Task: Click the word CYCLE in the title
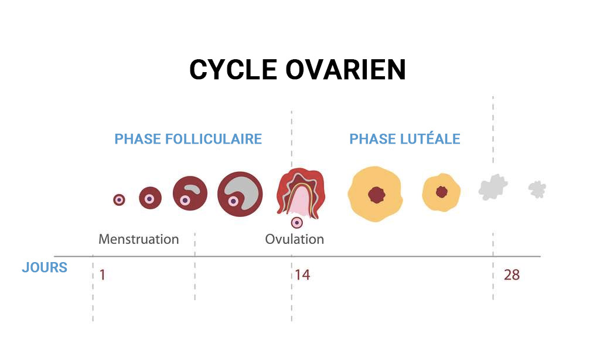tap(233, 70)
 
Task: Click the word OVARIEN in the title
tap(346, 70)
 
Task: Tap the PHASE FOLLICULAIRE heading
tap(188, 138)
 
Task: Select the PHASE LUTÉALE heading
tap(404, 138)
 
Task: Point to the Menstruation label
tap(138, 239)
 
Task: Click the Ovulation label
tap(294, 239)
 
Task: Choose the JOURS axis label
tap(45, 267)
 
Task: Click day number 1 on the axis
tap(102, 275)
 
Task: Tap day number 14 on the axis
tap(302, 275)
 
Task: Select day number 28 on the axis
tap(512, 275)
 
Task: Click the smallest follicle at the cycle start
tap(119, 199)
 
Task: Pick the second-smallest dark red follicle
tap(150, 198)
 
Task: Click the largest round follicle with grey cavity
tap(240, 194)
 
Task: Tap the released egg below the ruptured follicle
tap(296, 222)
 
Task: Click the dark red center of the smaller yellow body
tap(442, 192)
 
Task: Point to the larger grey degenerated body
tap(493, 187)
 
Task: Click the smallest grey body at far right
tap(537, 189)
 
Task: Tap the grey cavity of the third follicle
tap(192, 188)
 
